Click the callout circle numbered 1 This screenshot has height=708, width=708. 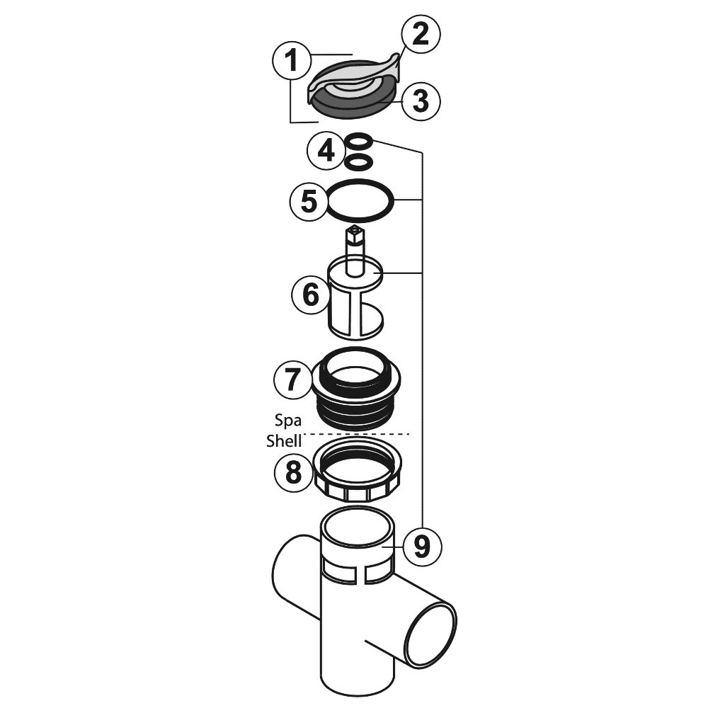click(290, 62)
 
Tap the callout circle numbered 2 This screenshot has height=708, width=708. click(420, 35)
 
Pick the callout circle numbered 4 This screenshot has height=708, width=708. click(326, 151)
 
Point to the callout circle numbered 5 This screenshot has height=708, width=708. click(310, 201)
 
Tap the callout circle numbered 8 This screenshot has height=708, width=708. click(293, 472)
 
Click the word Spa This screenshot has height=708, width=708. click(288, 418)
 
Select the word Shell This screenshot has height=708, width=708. click(284, 440)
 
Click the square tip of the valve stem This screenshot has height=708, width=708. click(353, 233)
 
